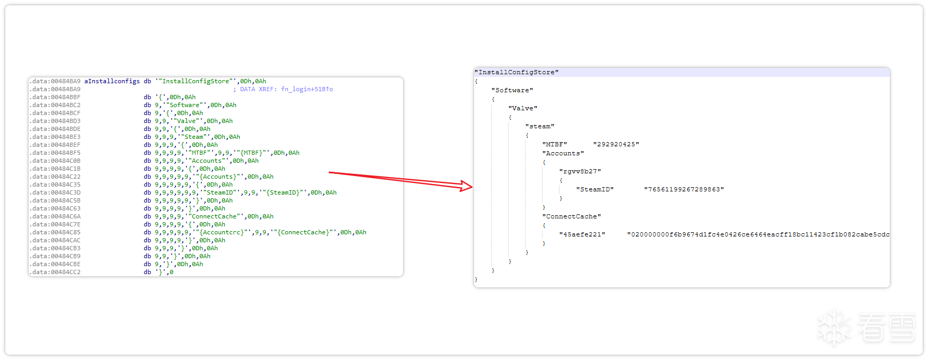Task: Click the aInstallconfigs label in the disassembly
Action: [x=112, y=81]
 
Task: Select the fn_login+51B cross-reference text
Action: [x=307, y=89]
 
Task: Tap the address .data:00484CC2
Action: [x=55, y=272]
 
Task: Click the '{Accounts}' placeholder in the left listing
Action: [x=217, y=177]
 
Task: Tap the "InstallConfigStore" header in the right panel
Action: [x=517, y=72]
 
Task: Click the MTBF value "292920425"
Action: [x=616, y=144]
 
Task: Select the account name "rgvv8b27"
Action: [x=580, y=171]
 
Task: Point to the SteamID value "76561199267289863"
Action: [x=684, y=189]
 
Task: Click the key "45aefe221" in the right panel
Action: [x=582, y=234]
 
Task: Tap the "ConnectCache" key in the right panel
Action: [x=572, y=216]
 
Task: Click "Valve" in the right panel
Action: [x=523, y=108]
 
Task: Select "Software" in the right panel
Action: [x=512, y=90]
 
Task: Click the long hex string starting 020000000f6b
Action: [x=758, y=234]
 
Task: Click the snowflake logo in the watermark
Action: [x=834, y=328]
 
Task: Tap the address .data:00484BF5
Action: [x=55, y=153]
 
